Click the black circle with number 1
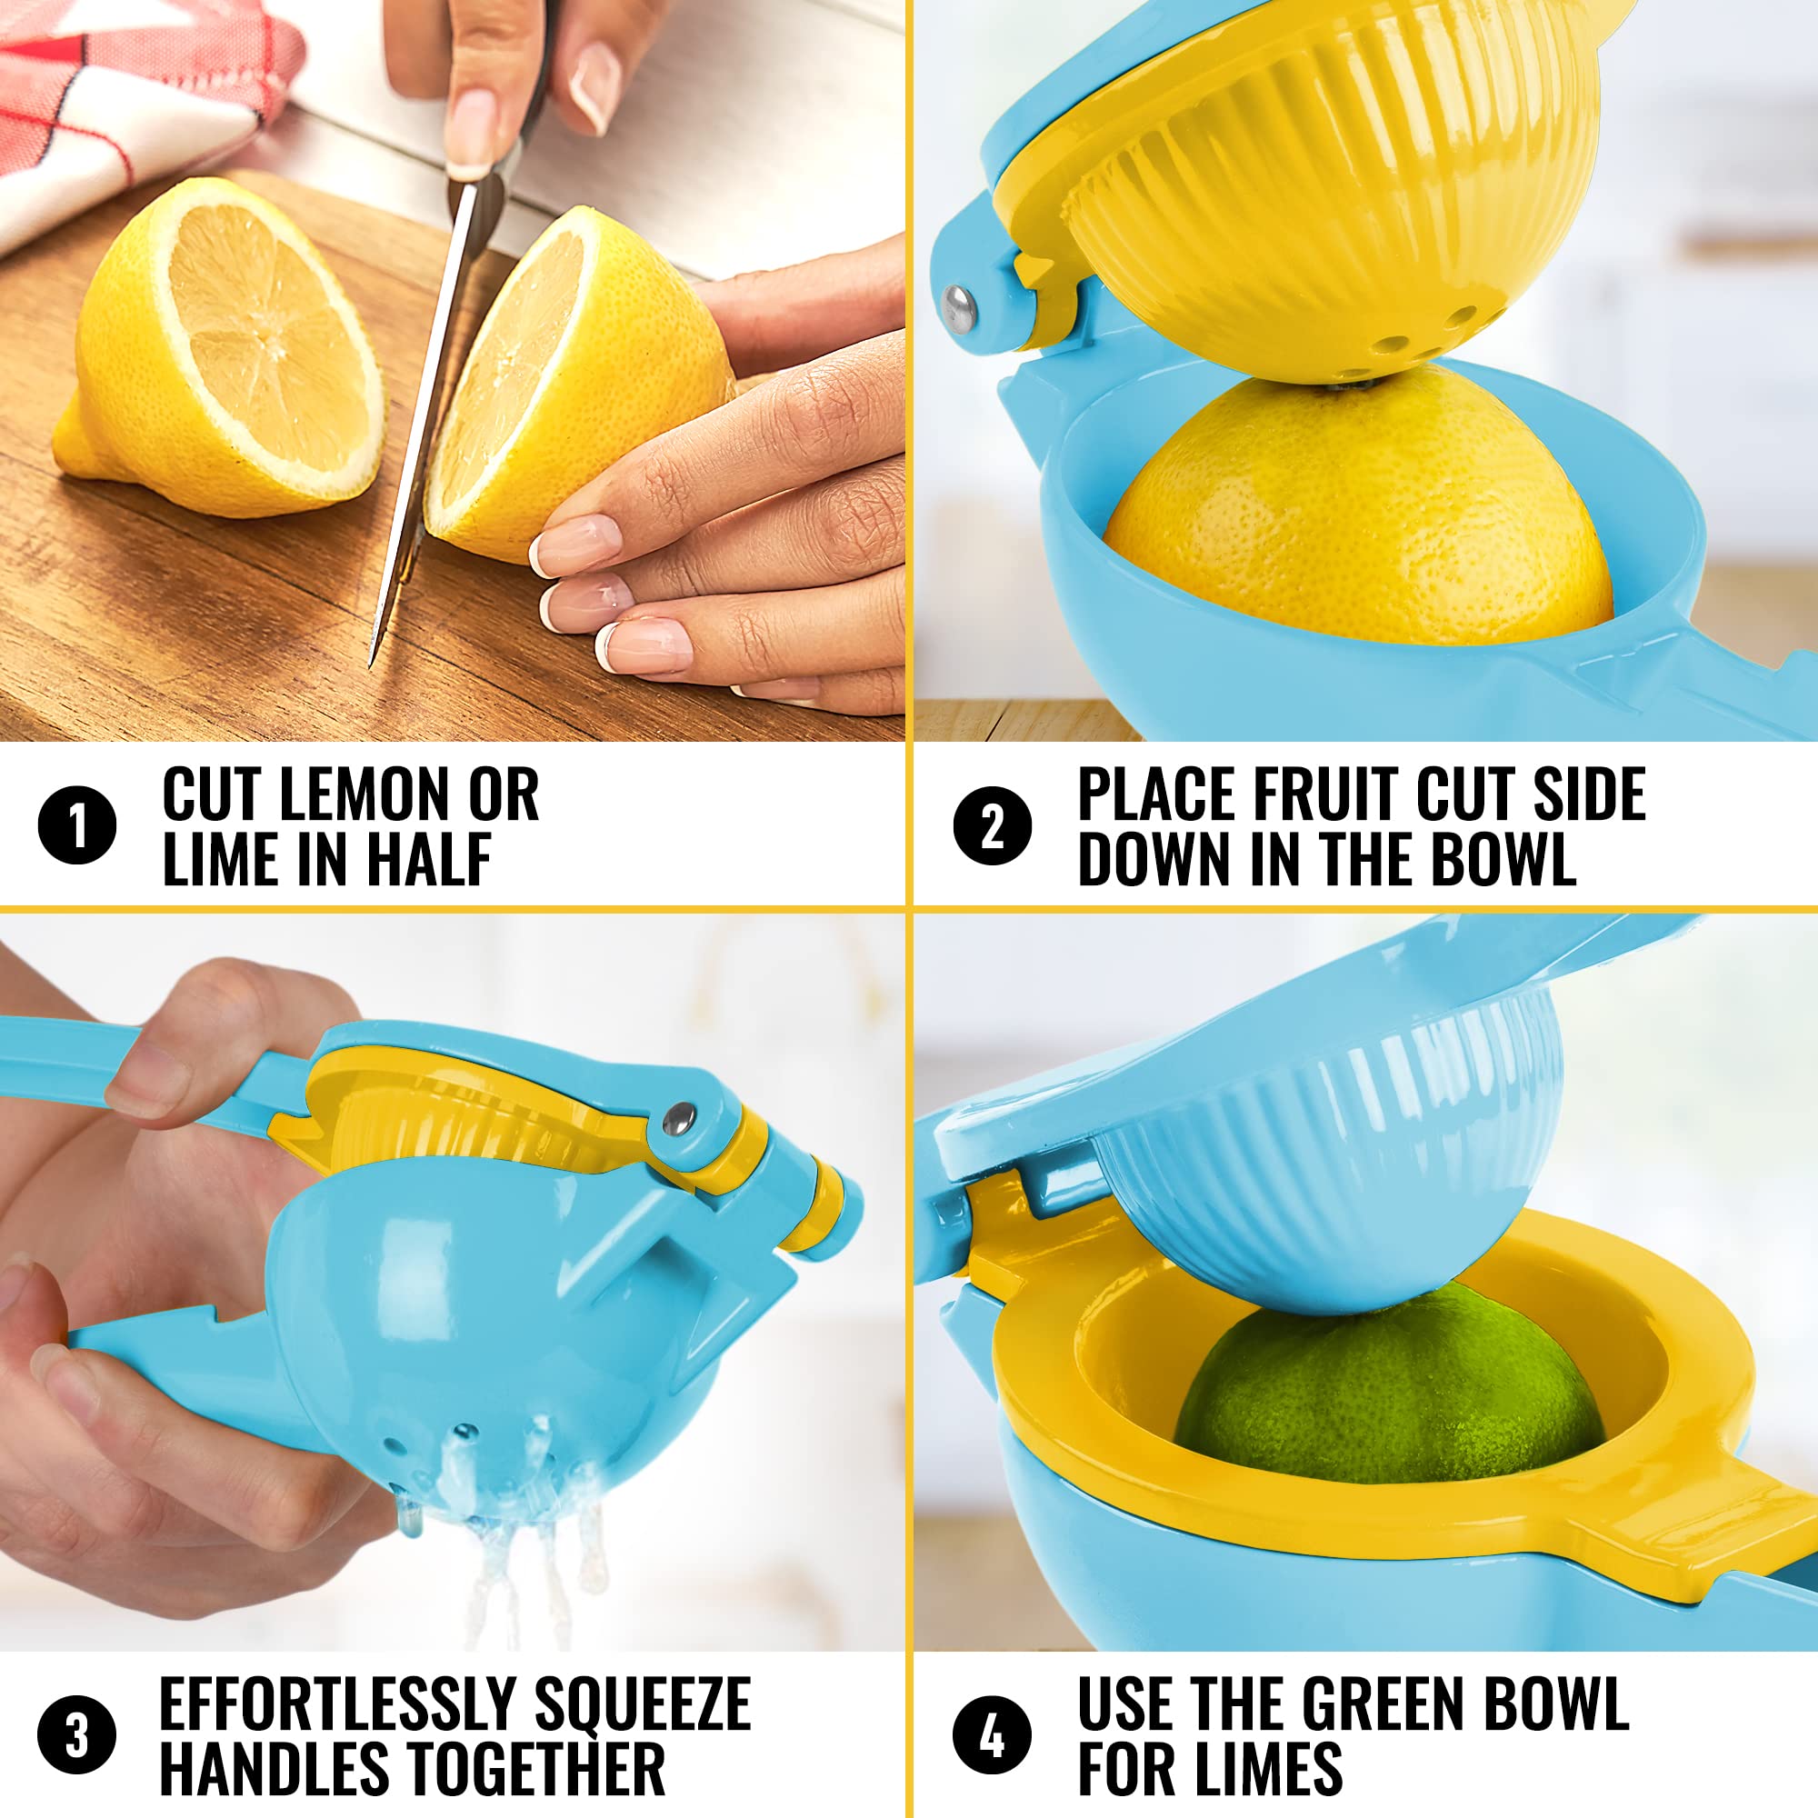click(77, 825)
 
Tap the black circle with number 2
click(993, 825)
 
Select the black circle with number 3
click(77, 1734)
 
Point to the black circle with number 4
click(993, 1734)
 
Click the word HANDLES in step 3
click(272, 1769)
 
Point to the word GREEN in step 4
click(1383, 1703)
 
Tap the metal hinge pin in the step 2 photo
click(958, 310)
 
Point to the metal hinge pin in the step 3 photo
click(679, 1118)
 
